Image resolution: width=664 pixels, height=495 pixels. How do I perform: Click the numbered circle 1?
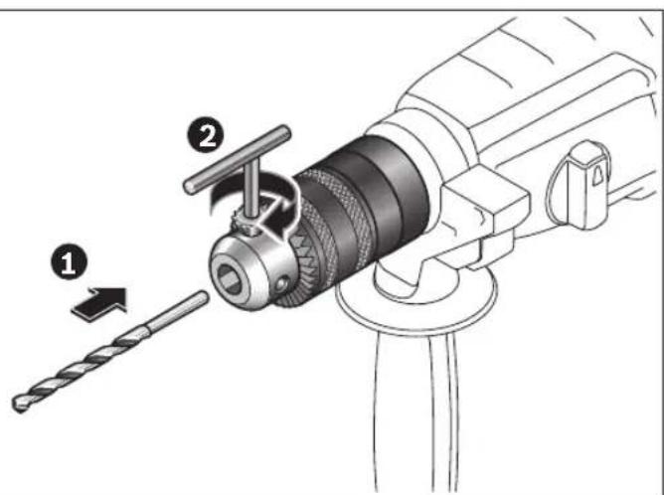(68, 264)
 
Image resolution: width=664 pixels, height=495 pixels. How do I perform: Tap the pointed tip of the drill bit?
(21, 404)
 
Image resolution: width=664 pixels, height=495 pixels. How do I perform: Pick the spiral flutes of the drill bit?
(80, 367)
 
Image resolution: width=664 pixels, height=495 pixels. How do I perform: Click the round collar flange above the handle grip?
(417, 298)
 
